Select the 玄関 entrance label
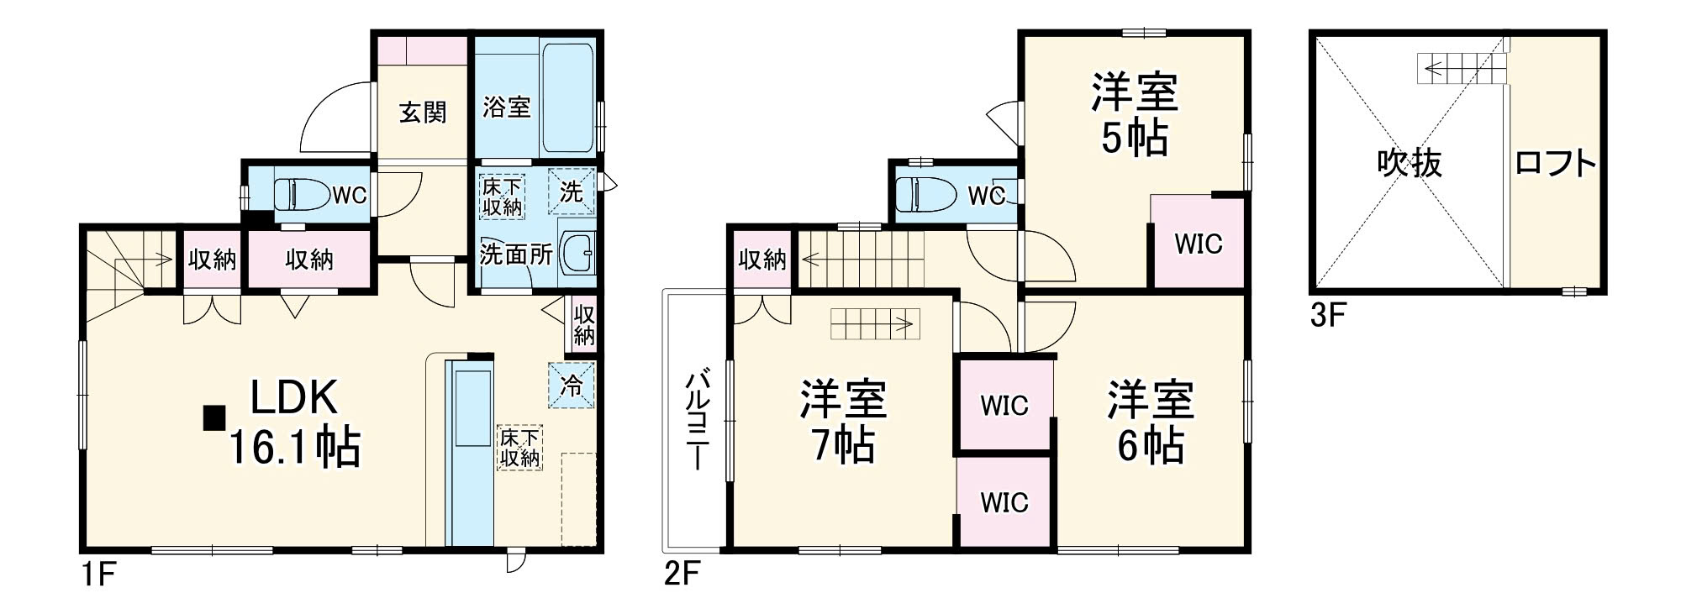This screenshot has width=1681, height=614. click(422, 112)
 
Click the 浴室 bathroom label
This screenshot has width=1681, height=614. click(506, 108)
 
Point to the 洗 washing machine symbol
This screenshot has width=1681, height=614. click(571, 192)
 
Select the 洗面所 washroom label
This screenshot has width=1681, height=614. click(515, 254)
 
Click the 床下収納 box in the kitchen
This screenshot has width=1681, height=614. click(519, 448)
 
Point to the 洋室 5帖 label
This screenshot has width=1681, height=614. click(1134, 116)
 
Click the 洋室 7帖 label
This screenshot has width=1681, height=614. click(842, 422)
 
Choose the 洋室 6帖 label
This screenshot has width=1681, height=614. click(1150, 422)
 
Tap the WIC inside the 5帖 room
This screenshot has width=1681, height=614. click(1198, 244)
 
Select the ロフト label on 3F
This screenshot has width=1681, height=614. click(1555, 163)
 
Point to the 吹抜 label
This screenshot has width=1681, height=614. click(1410, 163)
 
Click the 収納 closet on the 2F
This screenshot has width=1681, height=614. click(761, 260)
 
